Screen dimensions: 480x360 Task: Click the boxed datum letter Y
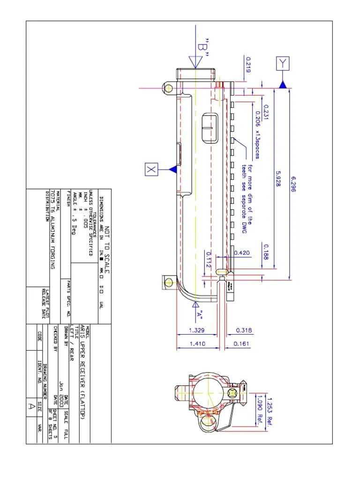coord(283,63)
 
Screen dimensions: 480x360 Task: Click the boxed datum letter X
coord(151,169)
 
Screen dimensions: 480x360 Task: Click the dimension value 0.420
coord(243,253)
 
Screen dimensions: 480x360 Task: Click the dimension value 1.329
coord(196,330)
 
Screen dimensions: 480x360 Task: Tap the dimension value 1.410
coord(196,344)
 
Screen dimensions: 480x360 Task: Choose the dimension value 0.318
coord(243,330)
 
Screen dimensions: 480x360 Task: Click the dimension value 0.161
coord(243,344)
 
